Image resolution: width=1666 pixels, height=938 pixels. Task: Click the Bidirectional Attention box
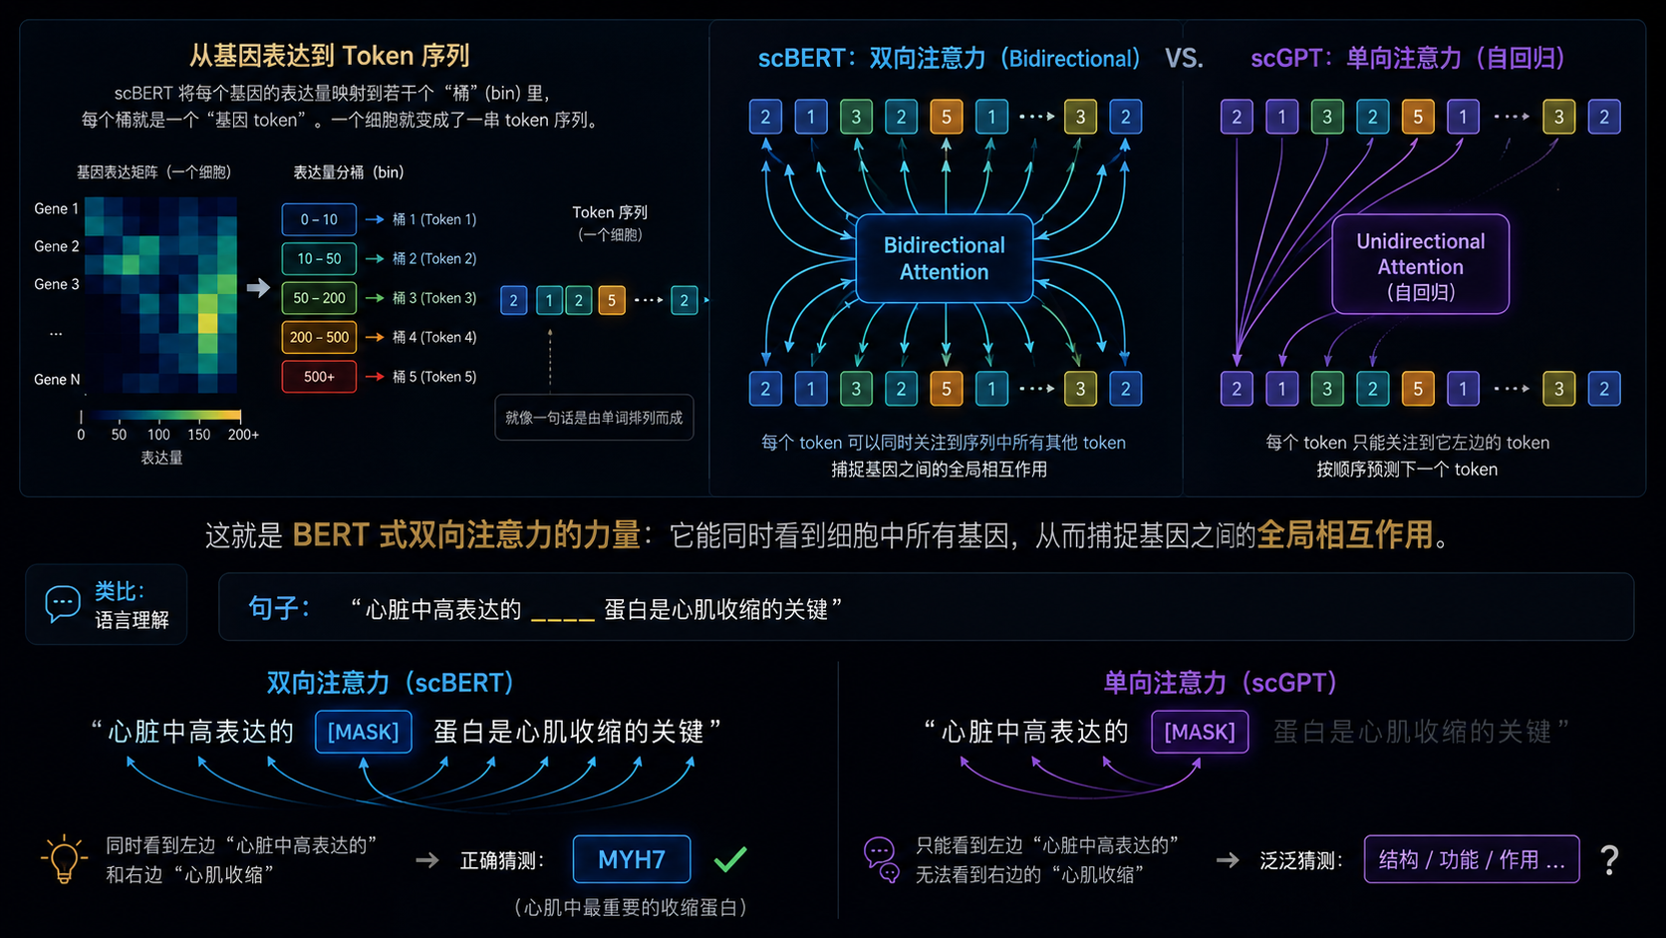[x=944, y=258]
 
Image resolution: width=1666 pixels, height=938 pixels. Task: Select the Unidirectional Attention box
[x=1420, y=264]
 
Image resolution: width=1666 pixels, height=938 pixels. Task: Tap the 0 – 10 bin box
[x=318, y=219]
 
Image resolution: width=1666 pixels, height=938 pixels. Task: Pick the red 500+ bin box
[x=318, y=377]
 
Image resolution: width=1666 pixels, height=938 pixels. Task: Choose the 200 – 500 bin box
[x=318, y=337]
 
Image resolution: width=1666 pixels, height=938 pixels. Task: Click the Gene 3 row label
[x=57, y=284]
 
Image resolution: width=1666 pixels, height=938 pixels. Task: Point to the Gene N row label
[x=57, y=380]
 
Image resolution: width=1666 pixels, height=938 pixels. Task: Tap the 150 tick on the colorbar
[x=198, y=435]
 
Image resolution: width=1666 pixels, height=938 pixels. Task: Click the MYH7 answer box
[x=632, y=859]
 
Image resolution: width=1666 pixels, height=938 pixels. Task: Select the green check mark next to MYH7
[x=729, y=859]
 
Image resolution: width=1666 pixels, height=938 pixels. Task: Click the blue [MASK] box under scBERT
[x=363, y=732]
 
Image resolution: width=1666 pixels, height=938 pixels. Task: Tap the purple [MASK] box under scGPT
[x=1200, y=732]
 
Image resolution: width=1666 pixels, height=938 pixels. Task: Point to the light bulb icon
[x=64, y=858]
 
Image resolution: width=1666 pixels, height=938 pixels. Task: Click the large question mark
[x=1609, y=860]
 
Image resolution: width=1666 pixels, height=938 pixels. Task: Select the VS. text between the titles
[x=1184, y=58]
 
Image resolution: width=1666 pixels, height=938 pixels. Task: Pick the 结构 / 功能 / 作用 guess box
[x=1471, y=859]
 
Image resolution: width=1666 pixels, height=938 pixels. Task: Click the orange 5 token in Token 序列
[x=612, y=300]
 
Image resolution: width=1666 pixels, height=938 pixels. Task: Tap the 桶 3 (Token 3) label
[x=434, y=298]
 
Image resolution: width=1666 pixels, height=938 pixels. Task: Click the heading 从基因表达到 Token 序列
[x=329, y=56]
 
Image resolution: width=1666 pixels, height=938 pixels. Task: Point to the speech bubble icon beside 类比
[x=63, y=603]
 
